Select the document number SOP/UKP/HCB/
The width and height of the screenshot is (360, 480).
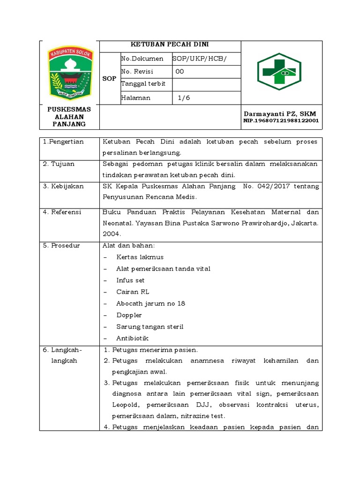[x=199, y=59]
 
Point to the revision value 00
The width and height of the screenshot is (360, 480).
[x=180, y=72]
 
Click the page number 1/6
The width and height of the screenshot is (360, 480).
[x=184, y=98]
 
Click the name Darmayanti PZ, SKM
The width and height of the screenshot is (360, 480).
[x=280, y=114]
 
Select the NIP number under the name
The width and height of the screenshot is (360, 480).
[x=281, y=121]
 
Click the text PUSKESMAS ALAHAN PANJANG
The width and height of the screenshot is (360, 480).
[x=69, y=116]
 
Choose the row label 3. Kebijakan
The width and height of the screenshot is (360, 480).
[x=63, y=186]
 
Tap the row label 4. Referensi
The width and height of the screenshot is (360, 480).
[x=62, y=212]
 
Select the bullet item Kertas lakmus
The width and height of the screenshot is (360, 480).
[x=140, y=257]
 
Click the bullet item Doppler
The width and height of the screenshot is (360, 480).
[x=129, y=315]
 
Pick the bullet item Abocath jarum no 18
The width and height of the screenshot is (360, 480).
[x=150, y=303]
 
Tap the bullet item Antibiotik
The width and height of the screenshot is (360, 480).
[x=133, y=338]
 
